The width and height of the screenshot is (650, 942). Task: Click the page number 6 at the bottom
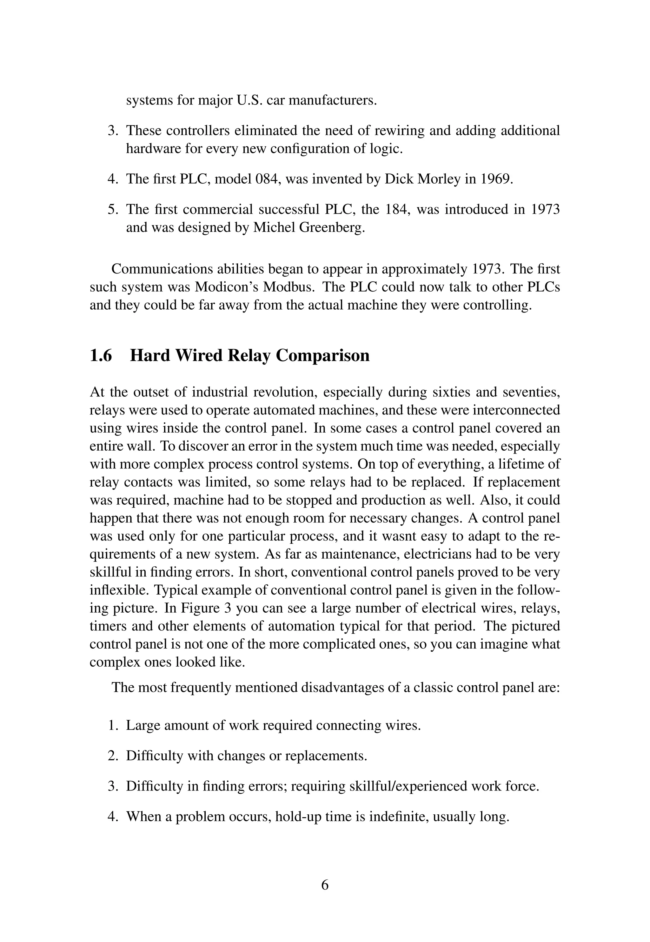[325, 885]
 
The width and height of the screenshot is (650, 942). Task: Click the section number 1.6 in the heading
[101, 356]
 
